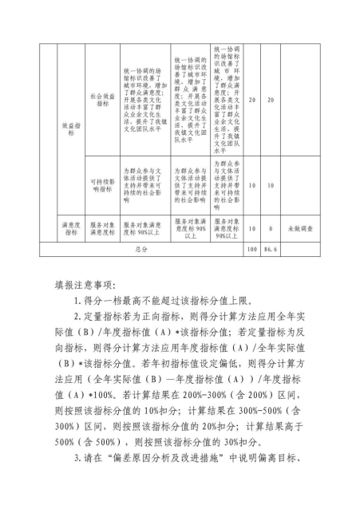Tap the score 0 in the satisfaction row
click(x=271, y=229)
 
